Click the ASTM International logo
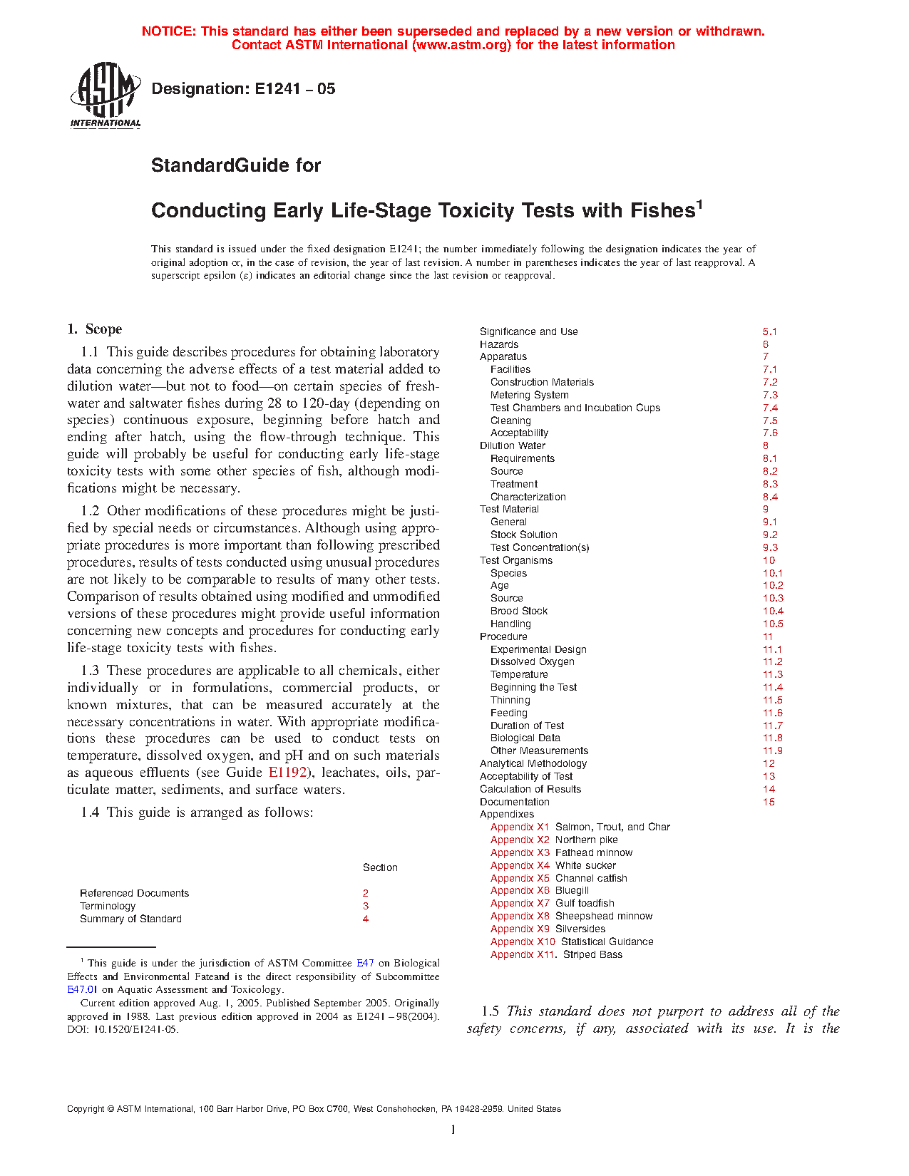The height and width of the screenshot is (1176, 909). pyautogui.click(x=106, y=94)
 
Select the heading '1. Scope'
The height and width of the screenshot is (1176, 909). pyautogui.click(x=95, y=329)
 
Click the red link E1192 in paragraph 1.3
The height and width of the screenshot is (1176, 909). pyautogui.click(x=287, y=773)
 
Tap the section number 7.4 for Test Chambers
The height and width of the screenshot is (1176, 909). pyautogui.click(x=770, y=408)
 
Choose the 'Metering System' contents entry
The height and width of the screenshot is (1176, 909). pyautogui.click(x=529, y=395)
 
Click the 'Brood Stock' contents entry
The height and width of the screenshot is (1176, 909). pyautogui.click(x=519, y=611)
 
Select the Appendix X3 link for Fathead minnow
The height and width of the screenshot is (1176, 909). pyautogui.click(x=520, y=852)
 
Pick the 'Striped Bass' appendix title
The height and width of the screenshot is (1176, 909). pyautogui.click(x=592, y=954)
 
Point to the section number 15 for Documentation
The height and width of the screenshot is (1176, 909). pyautogui.click(x=769, y=802)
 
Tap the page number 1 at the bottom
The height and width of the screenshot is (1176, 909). pyautogui.click(x=453, y=1130)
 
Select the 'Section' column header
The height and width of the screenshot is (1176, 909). pyautogui.click(x=380, y=867)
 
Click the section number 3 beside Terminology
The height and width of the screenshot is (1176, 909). pyautogui.click(x=366, y=906)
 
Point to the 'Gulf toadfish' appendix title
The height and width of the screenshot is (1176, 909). pyautogui.click(x=585, y=903)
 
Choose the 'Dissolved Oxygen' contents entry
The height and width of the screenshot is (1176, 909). pyautogui.click(x=532, y=661)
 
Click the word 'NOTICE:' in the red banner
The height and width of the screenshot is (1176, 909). pyautogui.click(x=169, y=31)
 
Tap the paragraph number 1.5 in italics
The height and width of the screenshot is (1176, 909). pyautogui.click(x=490, y=1011)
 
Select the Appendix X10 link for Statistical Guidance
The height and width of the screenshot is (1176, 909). pyautogui.click(x=523, y=942)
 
